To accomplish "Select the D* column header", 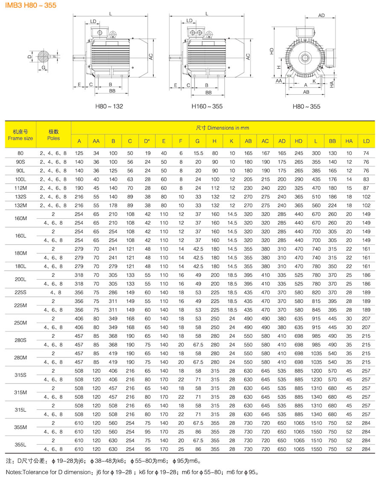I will tap(147, 141).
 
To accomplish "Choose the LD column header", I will tap(366, 141).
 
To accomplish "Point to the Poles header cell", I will tap(53, 135).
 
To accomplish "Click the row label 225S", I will tap(20, 292).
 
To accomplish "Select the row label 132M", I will tap(20, 205).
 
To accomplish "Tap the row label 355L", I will tap(20, 444).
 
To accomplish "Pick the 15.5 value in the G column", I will tap(198, 153).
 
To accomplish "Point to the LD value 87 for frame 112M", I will tap(366, 188).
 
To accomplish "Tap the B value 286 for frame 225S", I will tap(113, 292).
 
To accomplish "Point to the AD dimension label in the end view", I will tap(322, 15).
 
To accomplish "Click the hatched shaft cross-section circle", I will tap(44, 56).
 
